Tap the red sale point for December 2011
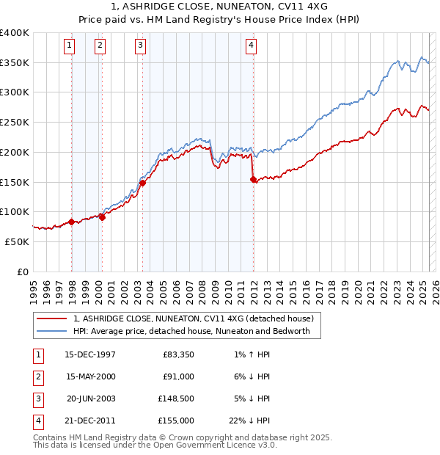coord(253,179)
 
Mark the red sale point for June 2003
coord(142,183)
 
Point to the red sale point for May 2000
coord(102,217)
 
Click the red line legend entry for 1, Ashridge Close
coord(194,318)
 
